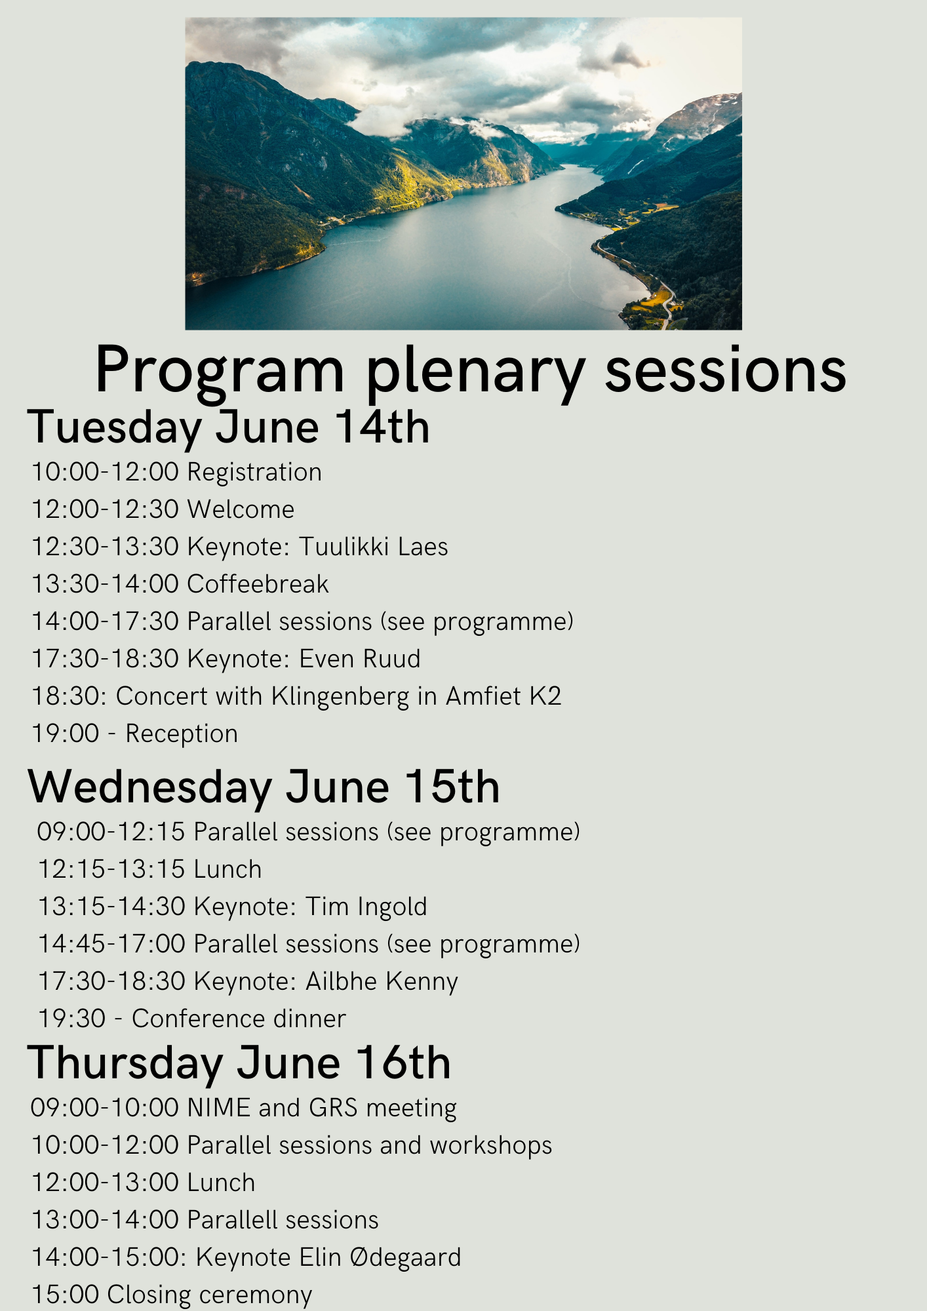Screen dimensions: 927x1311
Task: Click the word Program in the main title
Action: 220,371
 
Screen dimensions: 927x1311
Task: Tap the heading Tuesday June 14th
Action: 228,427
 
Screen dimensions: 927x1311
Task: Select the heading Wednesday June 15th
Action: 264,787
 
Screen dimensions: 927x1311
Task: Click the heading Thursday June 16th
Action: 239,1063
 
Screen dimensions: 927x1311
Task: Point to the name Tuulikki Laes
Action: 374,547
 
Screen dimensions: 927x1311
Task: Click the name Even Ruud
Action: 360,659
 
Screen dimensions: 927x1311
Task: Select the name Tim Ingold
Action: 366,907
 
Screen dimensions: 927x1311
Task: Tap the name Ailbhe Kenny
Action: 382,981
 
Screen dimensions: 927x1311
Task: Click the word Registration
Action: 254,473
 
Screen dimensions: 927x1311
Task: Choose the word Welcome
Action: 241,509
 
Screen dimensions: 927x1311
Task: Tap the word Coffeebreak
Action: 258,584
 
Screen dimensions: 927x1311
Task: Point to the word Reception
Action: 182,734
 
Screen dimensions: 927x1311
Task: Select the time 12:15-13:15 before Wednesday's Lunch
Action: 111,869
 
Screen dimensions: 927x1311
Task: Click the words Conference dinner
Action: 239,1019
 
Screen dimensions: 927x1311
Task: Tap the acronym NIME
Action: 220,1108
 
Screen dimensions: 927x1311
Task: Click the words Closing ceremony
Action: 210,1295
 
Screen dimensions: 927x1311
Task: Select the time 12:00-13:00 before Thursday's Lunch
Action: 106,1183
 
